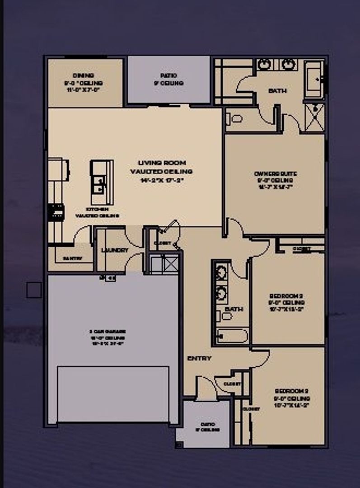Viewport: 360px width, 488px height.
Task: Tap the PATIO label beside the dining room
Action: [168, 75]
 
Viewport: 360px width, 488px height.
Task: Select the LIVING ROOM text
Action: [161, 163]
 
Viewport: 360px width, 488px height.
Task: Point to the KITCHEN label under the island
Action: [97, 210]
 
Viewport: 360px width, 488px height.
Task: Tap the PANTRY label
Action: [72, 258]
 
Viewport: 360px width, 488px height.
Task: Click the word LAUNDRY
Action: [115, 250]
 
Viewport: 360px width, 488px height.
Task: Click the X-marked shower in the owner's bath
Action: [314, 117]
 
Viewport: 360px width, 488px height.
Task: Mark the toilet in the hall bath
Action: [225, 316]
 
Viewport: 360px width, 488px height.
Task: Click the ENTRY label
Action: [199, 358]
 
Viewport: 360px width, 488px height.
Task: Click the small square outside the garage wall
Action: [34, 290]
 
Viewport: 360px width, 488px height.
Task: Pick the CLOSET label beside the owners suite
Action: [302, 249]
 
